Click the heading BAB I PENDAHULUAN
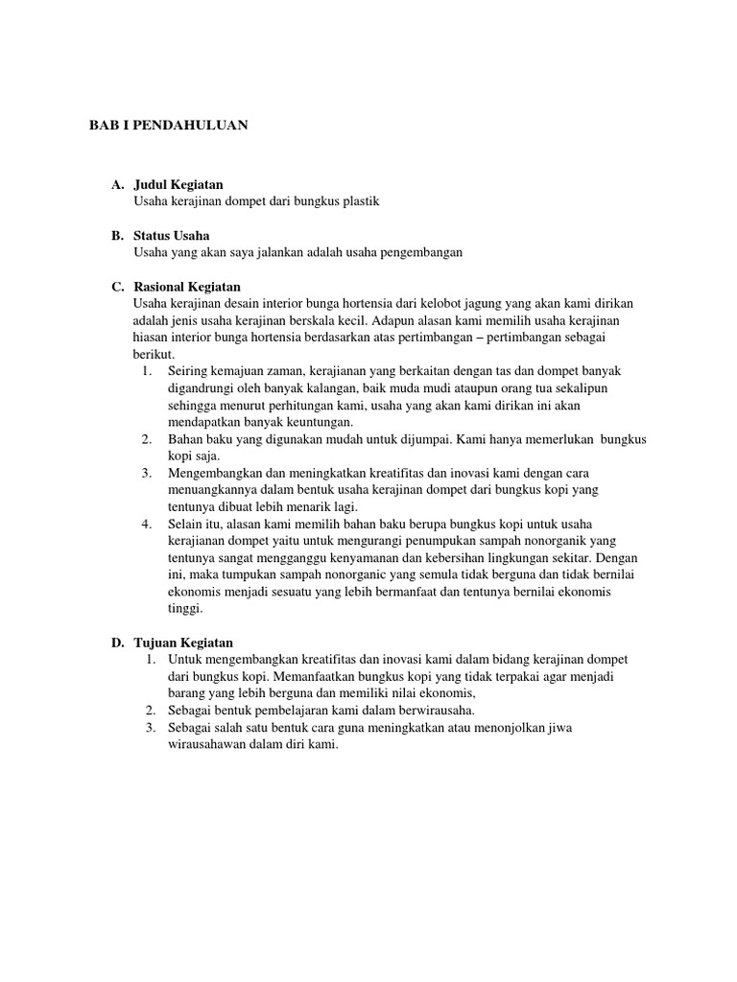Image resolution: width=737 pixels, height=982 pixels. click(x=169, y=126)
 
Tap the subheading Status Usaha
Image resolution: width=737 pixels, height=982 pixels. click(x=172, y=236)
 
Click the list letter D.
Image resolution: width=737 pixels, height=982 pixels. click(x=117, y=643)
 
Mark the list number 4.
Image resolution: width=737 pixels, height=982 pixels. click(x=147, y=524)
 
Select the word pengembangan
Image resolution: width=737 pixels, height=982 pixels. click(x=418, y=252)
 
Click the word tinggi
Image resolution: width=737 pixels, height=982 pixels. click(x=185, y=608)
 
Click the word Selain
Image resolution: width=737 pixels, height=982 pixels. click(x=186, y=524)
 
